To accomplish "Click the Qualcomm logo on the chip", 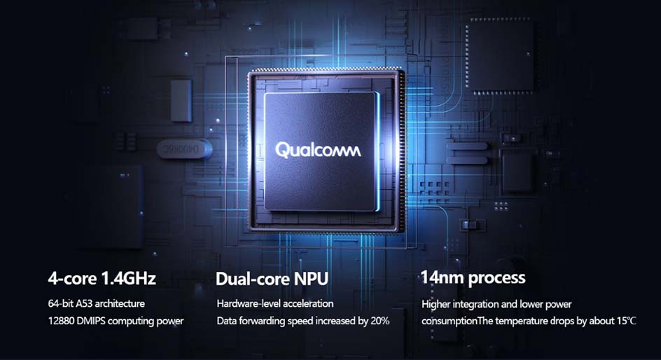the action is coord(319,150).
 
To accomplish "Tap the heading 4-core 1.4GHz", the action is coord(102,278).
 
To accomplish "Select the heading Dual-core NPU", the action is coord(272,279).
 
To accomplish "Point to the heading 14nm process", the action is coord(473,278).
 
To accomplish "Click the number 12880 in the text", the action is coord(61,321).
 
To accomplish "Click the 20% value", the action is coord(380,321).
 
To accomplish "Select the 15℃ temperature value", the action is coord(627,321).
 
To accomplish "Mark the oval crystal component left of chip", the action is coord(184,148).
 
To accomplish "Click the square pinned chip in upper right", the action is coord(500,55).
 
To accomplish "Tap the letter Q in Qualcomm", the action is coord(281,151).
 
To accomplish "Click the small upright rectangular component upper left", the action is coord(181,101).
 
